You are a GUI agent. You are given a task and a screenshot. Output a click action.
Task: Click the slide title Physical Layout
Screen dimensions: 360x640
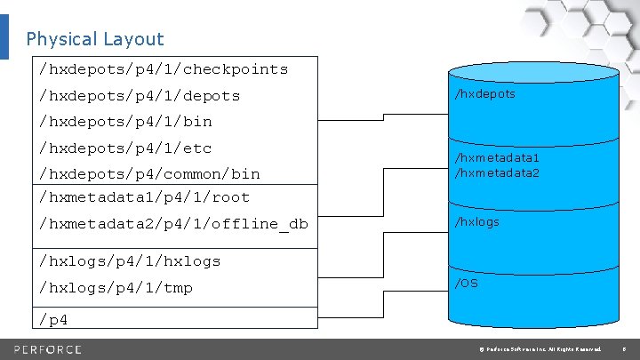[x=95, y=39]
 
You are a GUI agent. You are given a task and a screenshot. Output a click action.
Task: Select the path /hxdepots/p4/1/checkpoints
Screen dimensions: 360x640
[x=164, y=68]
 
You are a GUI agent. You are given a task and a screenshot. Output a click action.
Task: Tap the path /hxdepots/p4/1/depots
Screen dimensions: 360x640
[x=140, y=95]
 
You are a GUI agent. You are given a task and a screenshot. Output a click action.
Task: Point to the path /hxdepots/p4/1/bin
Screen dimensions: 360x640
[x=125, y=121]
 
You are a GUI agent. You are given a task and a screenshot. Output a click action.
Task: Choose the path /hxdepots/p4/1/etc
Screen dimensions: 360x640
[x=125, y=148]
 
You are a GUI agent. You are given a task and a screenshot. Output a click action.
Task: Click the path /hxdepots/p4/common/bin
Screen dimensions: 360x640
[x=149, y=173]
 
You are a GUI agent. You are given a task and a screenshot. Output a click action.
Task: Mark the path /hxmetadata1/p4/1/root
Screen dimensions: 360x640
[x=145, y=196]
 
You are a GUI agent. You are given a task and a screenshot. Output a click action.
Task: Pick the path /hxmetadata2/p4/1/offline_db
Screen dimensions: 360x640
[x=173, y=223]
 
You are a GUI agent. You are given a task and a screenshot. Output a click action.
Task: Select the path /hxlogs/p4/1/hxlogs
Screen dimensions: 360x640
[x=130, y=260]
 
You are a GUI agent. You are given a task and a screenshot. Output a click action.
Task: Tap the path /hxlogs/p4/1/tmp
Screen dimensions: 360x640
[x=116, y=287]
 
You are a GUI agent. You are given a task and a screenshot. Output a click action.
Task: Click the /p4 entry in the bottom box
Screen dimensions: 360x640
[x=53, y=318]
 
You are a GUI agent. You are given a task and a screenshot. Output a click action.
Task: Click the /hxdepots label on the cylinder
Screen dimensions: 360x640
[x=484, y=93]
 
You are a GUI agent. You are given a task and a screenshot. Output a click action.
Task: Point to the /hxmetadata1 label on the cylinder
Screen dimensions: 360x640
[x=497, y=158]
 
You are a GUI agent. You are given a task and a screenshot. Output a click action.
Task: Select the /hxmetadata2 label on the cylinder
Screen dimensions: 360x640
[x=497, y=172]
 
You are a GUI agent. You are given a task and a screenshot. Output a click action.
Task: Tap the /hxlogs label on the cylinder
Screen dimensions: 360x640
[x=477, y=222]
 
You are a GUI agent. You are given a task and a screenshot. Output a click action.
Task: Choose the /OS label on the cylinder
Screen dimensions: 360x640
[x=466, y=284]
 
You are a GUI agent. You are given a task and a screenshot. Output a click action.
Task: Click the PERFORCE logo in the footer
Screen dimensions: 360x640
[x=47, y=348]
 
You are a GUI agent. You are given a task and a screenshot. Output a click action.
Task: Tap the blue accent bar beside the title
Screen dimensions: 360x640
[x=4, y=36]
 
